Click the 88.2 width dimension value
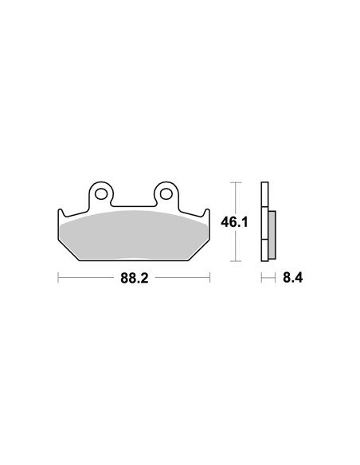pos(134,278)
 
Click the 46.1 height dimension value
pos(234,222)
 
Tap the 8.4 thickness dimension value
pos(292,278)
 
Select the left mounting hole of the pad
pos(101,193)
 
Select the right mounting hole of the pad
pos(166,193)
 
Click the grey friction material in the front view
pos(134,236)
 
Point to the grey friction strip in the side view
pos(272,234)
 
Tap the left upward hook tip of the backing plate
pos(61,210)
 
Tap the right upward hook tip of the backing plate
pos(207,210)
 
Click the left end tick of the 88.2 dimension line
pos(58,278)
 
